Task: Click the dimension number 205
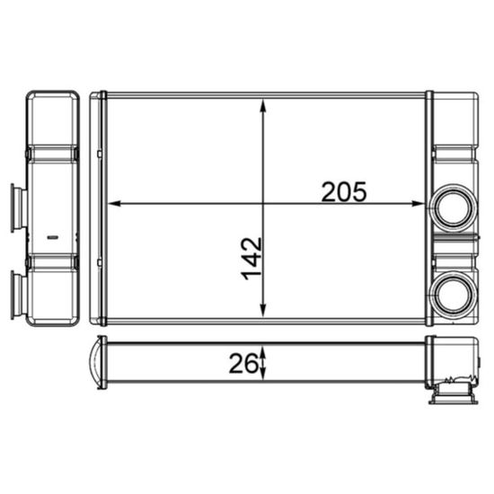(x=345, y=190)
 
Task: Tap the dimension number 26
(x=241, y=363)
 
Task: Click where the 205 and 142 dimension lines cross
(x=263, y=204)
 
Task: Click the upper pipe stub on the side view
(x=16, y=207)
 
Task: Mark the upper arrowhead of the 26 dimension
(x=263, y=349)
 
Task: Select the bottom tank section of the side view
(x=53, y=292)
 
